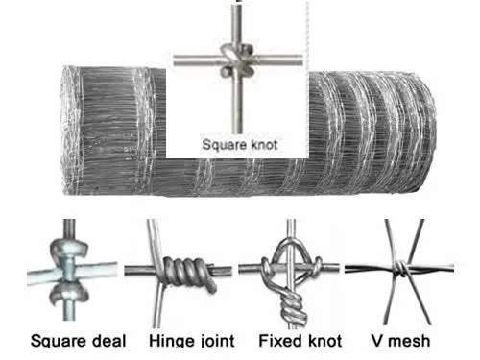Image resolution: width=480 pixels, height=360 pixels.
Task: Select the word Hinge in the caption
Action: (168, 341)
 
